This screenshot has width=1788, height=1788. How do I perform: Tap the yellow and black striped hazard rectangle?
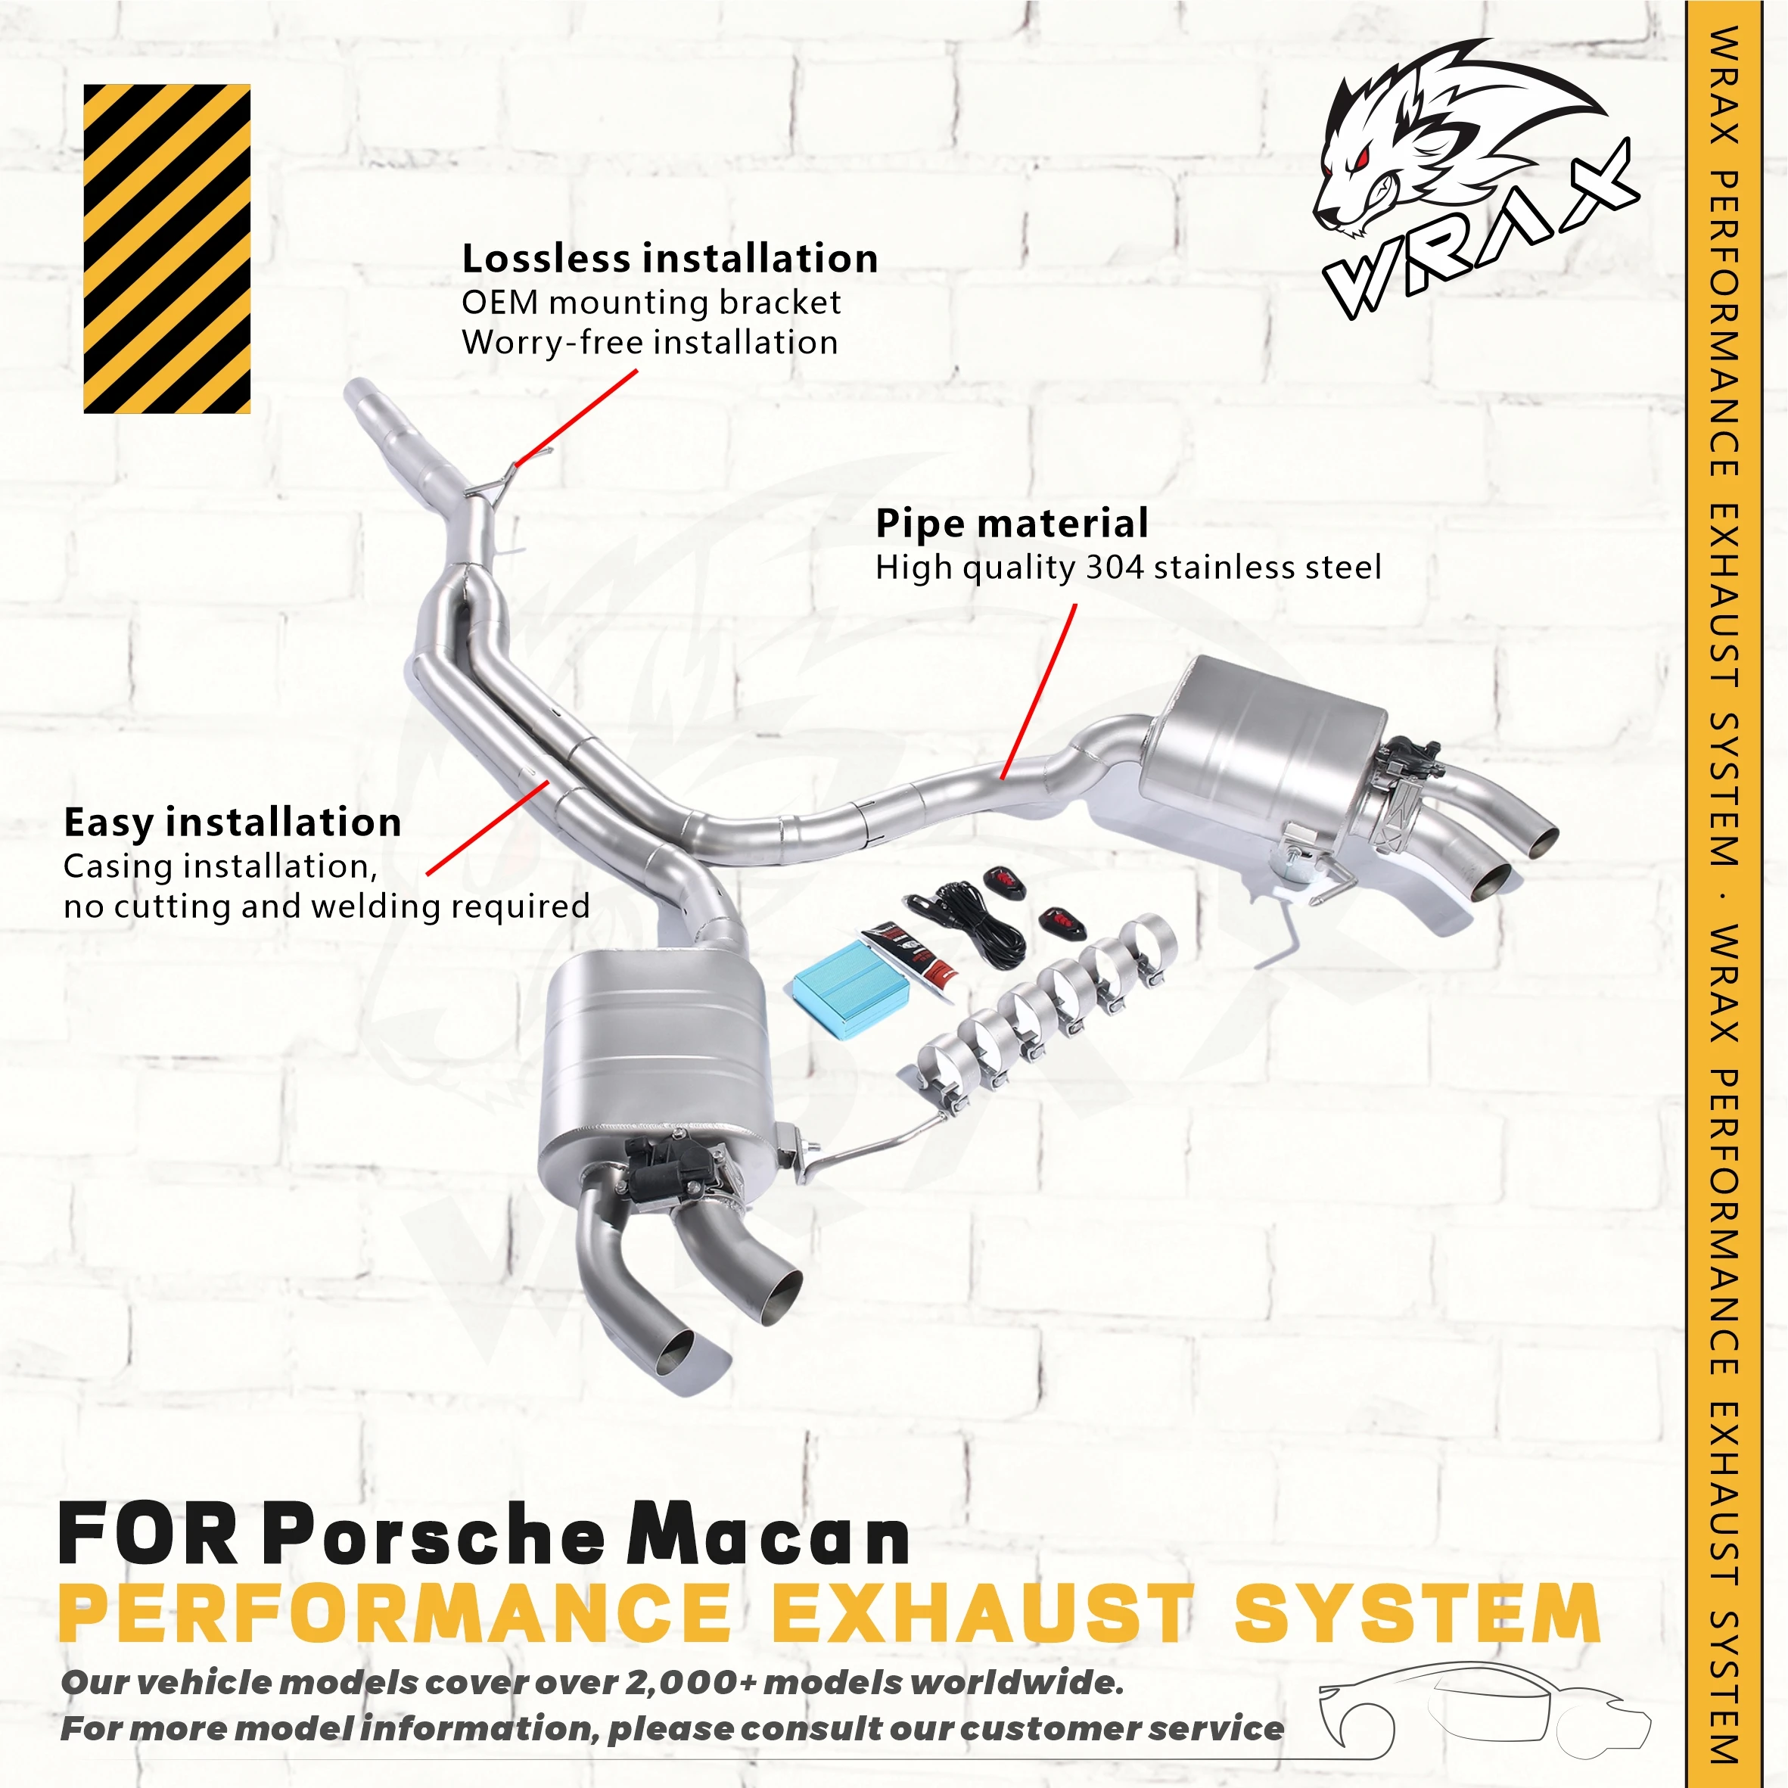point(166,248)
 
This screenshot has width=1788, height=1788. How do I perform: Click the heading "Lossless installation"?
point(669,258)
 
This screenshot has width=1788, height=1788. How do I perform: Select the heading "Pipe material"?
point(1012,523)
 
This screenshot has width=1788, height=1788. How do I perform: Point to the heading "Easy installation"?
point(232,822)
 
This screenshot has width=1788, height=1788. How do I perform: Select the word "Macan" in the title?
point(768,1536)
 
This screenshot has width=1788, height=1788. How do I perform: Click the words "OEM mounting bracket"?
point(651,303)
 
